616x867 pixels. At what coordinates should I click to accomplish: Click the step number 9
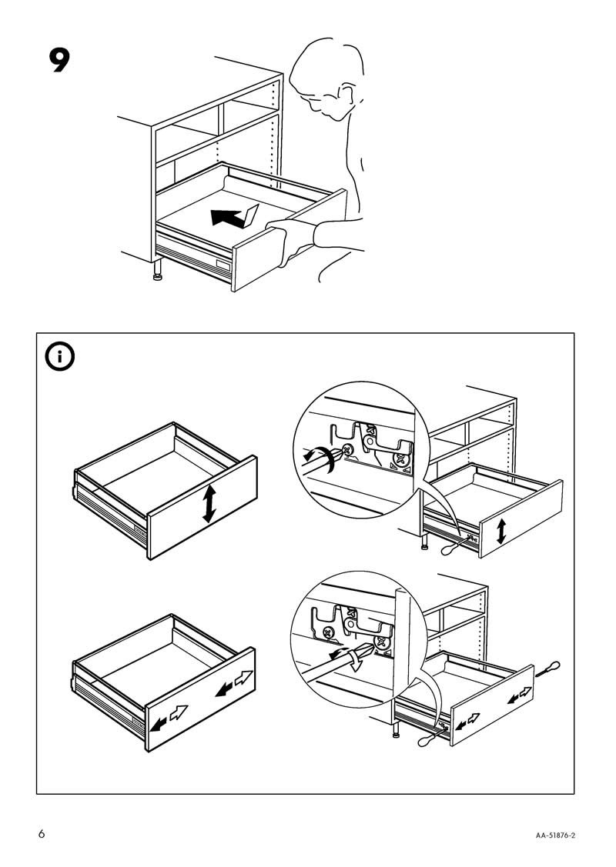pos(60,61)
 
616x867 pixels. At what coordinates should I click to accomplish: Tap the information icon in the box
pos(59,357)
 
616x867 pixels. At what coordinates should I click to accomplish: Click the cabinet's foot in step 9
pos(158,276)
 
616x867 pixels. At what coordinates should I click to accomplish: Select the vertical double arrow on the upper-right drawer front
pos(502,531)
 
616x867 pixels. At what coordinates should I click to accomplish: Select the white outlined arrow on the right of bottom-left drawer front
pos(243,679)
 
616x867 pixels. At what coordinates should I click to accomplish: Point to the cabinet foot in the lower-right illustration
pos(397,731)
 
